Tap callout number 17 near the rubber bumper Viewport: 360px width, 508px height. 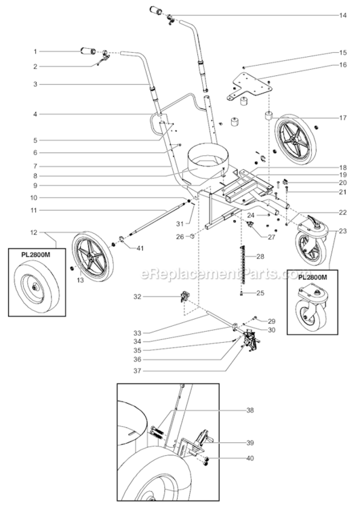(x=343, y=118)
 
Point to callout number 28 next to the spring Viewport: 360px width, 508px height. (x=260, y=257)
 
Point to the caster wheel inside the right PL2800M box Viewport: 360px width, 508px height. (x=313, y=314)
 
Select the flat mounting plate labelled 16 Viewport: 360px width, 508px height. (x=252, y=85)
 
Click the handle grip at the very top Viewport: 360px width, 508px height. (x=157, y=12)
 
